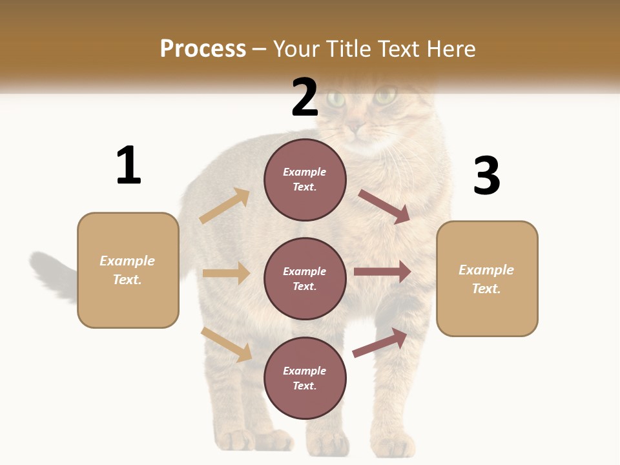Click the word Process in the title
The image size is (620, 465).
coord(203,49)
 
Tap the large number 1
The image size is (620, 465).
coord(129,166)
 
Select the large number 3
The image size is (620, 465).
coord(486,176)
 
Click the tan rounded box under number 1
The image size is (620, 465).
coord(128,270)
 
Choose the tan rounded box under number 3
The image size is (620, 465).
coord(487,279)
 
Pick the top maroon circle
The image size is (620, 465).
coord(305,180)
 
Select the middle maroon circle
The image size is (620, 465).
coord(305,279)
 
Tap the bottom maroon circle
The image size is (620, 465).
coord(305,378)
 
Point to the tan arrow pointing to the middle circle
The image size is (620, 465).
coord(226,273)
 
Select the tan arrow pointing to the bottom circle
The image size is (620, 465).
coord(227,344)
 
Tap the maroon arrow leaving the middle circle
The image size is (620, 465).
coord(382,272)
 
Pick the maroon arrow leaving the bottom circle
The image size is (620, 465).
coord(380,342)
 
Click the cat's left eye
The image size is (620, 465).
coord(335,99)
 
